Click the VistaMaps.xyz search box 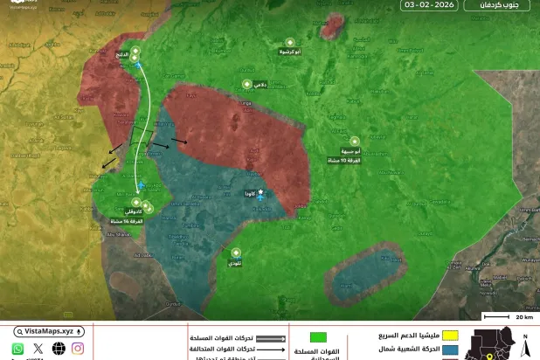click(x=50, y=332)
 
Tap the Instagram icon click(x=78, y=349)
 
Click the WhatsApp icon click(x=17, y=349)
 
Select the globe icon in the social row click(x=59, y=349)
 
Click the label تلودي click(x=235, y=262)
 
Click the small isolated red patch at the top click(x=331, y=27)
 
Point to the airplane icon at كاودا click(x=260, y=191)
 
